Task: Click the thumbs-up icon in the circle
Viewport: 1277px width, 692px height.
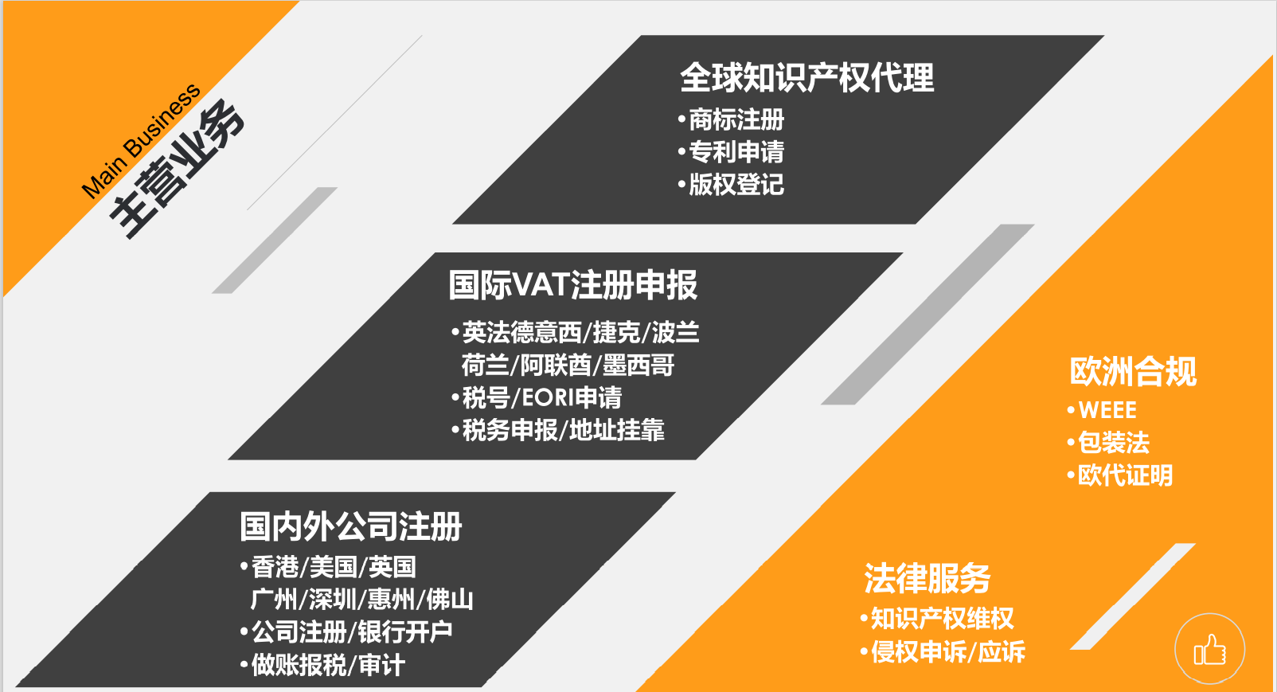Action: [x=1210, y=650]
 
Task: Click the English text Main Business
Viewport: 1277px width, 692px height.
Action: [x=140, y=141]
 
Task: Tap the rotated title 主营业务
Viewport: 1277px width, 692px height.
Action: [x=177, y=169]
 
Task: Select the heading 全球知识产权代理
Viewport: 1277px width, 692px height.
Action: [x=806, y=77]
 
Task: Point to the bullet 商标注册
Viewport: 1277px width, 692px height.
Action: [x=731, y=119]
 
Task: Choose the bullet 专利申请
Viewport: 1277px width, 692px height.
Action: [x=731, y=152]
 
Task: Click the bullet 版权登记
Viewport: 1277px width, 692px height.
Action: [x=731, y=185]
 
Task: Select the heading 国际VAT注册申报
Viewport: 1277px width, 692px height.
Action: [x=573, y=284]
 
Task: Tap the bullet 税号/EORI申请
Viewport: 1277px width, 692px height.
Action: [x=537, y=397]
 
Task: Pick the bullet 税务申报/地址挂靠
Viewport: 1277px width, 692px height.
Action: [x=557, y=430]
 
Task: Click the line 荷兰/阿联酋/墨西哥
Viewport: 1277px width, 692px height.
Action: [x=568, y=365]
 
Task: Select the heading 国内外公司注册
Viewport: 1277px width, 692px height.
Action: [x=350, y=526]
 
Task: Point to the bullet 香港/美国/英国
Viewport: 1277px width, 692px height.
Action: [x=328, y=567]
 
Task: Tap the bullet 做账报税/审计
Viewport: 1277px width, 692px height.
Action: [x=322, y=665]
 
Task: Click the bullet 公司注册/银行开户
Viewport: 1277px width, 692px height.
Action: [x=346, y=632]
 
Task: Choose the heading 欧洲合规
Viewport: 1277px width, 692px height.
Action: [x=1133, y=371]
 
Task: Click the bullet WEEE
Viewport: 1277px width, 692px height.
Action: [x=1102, y=410]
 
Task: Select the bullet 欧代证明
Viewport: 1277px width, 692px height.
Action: [x=1119, y=475]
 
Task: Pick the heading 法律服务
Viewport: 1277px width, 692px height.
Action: [x=927, y=578]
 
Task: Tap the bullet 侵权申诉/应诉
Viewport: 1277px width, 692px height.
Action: [x=943, y=651]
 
